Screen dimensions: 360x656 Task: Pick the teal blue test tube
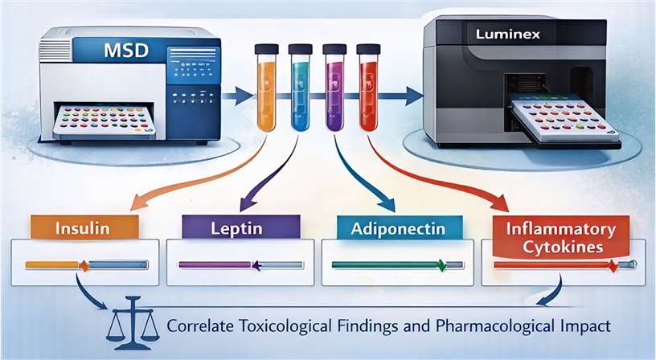[299, 88]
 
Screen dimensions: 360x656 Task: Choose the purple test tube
[333, 88]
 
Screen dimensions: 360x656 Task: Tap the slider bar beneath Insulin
[87, 264]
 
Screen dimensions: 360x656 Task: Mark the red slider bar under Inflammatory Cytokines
[563, 264]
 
